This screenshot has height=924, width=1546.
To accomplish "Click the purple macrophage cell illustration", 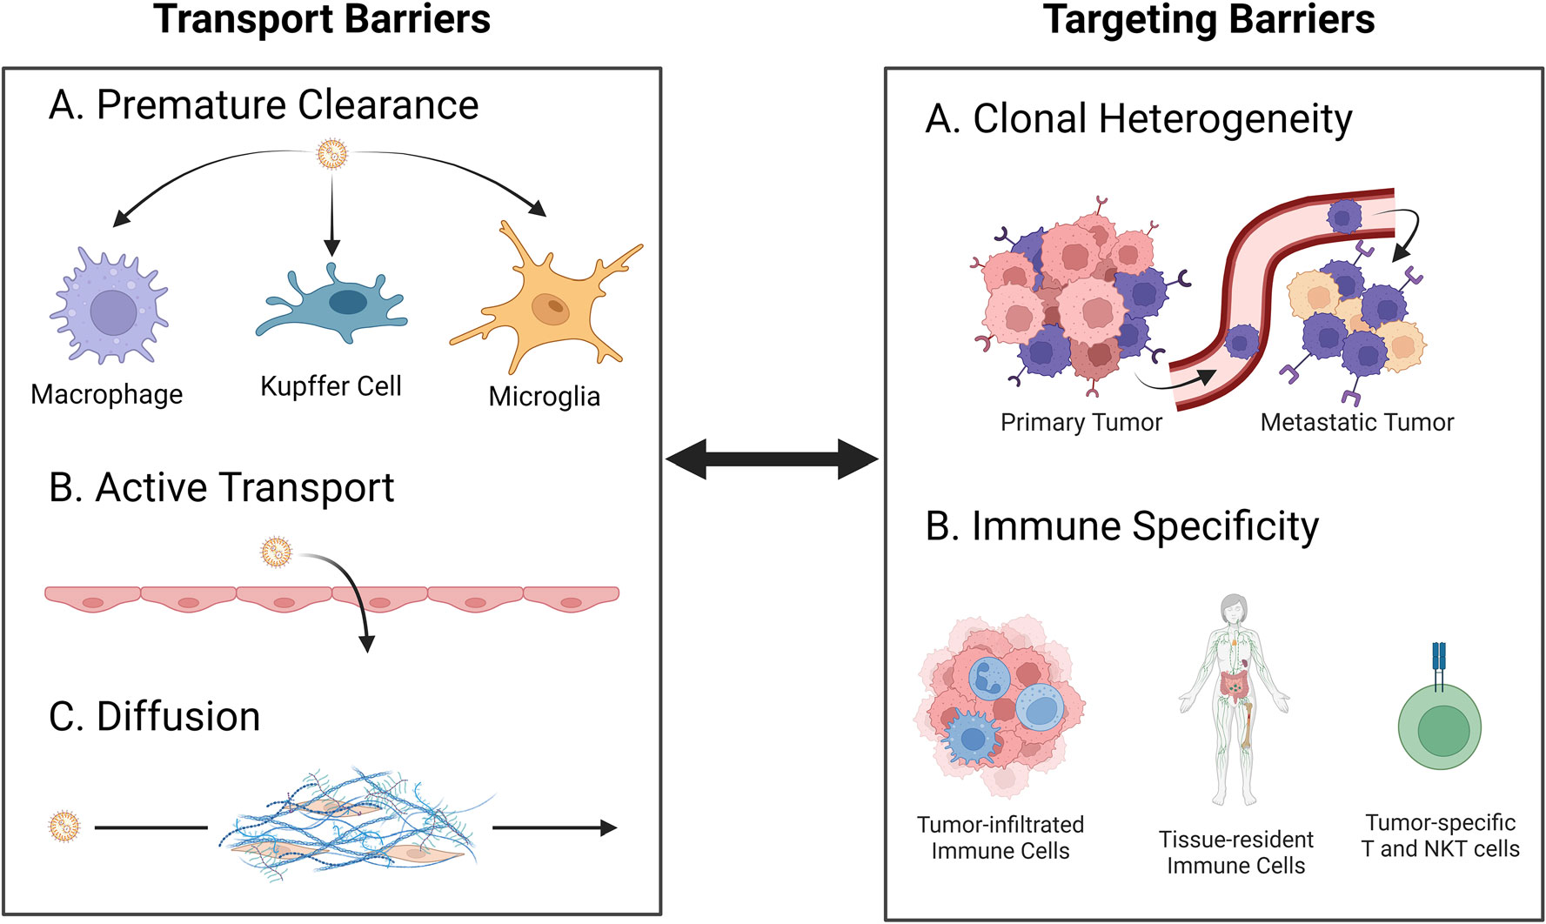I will (x=111, y=306).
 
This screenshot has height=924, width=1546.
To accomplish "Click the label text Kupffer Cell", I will (x=331, y=386).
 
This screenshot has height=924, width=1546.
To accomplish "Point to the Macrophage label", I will (x=106, y=394).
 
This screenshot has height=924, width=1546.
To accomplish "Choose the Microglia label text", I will (x=544, y=397).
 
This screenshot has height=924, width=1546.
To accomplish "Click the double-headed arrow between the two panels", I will (x=772, y=459).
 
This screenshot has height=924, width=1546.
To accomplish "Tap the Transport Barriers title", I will (x=322, y=20).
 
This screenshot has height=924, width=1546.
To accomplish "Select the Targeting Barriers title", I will (x=1208, y=20).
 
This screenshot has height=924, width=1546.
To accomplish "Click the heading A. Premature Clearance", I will (x=264, y=105).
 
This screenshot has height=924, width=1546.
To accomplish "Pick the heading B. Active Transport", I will (x=221, y=487).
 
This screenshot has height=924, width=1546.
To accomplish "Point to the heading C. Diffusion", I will (x=154, y=717).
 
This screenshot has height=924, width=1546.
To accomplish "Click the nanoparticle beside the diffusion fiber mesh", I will (x=64, y=827).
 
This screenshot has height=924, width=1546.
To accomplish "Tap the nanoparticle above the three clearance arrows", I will (x=331, y=154).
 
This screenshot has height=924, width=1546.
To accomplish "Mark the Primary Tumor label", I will (x=1081, y=423).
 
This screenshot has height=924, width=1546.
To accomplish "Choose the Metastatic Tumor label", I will (x=1356, y=423).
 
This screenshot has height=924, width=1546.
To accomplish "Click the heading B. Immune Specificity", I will (x=1121, y=526).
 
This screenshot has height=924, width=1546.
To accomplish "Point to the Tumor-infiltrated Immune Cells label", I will (x=1000, y=838).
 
